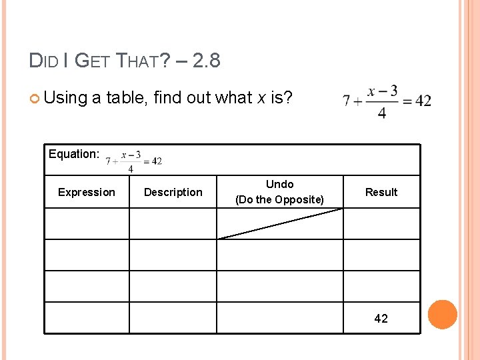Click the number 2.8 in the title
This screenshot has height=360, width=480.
click(x=205, y=61)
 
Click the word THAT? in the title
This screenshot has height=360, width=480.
click(x=137, y=61)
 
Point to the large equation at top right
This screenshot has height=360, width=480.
click(x=387, y=101)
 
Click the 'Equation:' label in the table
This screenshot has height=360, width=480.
click(x=74, y=154)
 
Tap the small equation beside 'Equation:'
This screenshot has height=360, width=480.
click(x=133, y=161)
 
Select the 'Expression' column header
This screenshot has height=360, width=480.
click(x=87, y=192)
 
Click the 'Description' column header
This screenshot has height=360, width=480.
click(x=173, y=192)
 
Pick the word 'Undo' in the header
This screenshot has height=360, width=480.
click(x=279, y=184)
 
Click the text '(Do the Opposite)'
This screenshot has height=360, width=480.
click(x=279, y=199)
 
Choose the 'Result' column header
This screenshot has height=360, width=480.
click(x=381, y=192)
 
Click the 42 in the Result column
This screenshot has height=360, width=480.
click(x=381, y=318)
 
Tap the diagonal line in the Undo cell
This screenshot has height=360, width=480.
click(x=280, y=223)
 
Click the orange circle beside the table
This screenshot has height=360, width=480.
click(x=442, y=315)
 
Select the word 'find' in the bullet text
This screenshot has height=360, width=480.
click(x=167, y=98)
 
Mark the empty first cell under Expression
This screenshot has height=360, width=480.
click(x=87, y=223)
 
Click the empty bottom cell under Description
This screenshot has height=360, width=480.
click(x=173, y=317)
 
